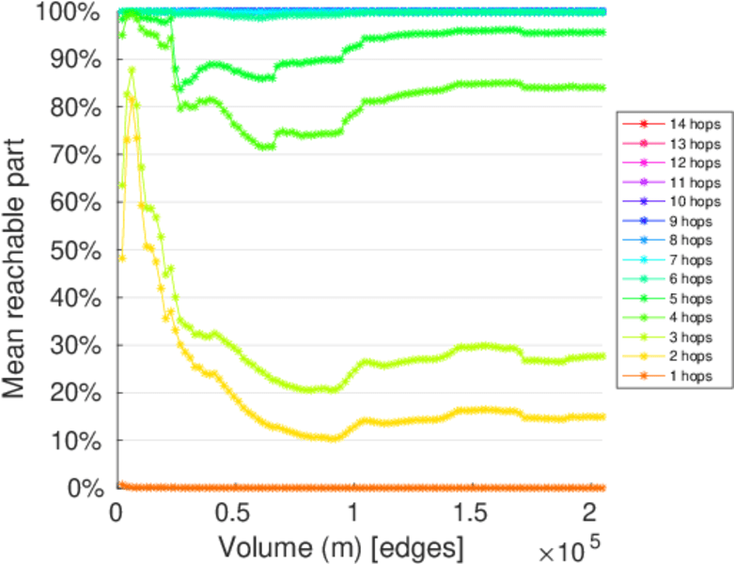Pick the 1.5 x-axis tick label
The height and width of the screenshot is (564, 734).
[468, 513]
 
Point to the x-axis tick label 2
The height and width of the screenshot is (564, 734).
[587, 513]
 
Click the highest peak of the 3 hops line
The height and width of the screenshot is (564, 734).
[132, 70]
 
